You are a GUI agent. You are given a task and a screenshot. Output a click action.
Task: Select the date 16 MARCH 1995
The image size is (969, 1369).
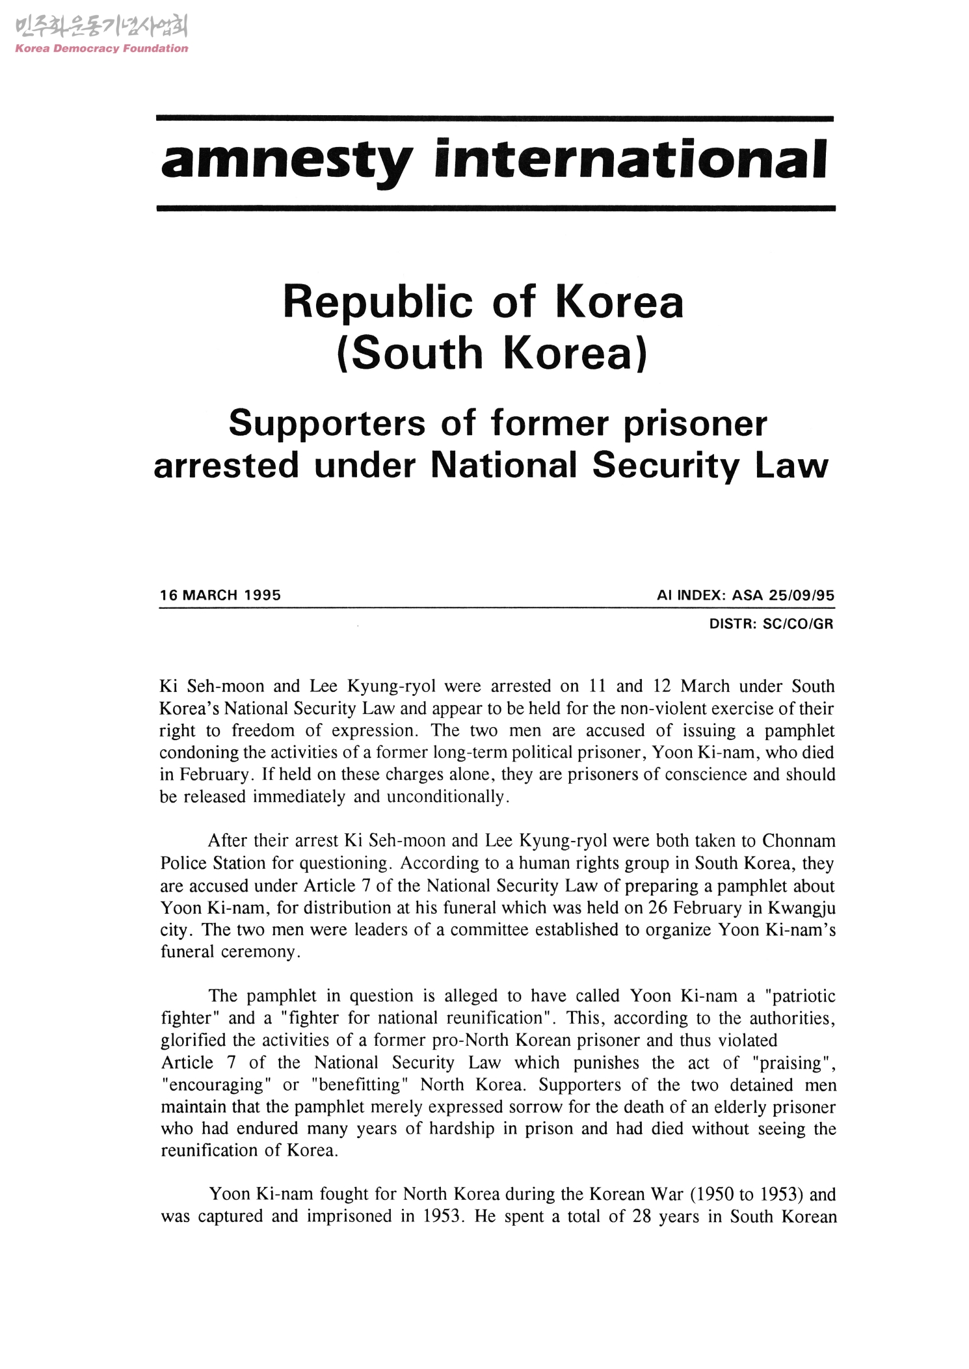click(220, 595)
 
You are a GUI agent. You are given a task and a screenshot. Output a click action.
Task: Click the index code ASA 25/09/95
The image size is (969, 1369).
click(783, 595)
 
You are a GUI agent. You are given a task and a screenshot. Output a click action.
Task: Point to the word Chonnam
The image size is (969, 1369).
click(799, 841)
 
